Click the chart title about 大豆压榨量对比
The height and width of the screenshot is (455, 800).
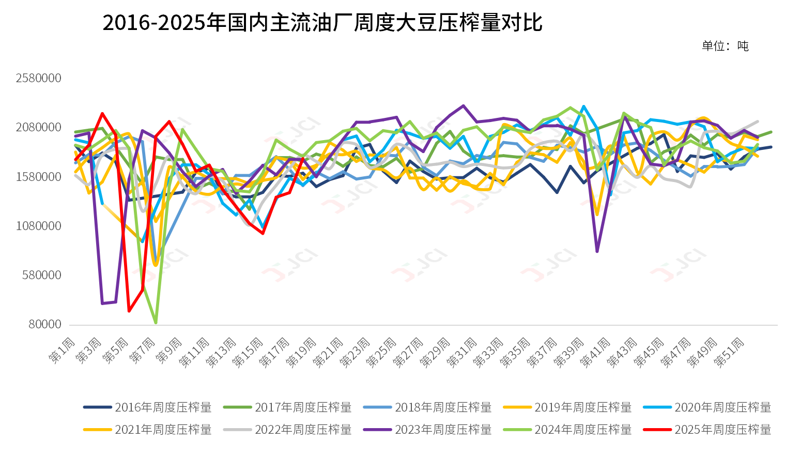pos(322,23)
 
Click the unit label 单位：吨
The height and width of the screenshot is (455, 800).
pos(725,46)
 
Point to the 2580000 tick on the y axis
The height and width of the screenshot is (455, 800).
pos(39,78)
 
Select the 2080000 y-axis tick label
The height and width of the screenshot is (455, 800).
pos(39,127)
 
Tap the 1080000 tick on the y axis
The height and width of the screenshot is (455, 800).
pos(39,226)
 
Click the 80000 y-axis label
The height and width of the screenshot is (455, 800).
pos(45,324)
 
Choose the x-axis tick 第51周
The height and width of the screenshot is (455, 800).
pos(729,353)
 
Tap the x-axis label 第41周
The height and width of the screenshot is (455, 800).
pos(596,353)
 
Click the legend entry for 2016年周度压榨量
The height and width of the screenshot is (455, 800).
pos(148,407)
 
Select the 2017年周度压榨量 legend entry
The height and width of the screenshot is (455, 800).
pos(288,407)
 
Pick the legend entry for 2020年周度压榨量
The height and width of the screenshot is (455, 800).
pos(707,407)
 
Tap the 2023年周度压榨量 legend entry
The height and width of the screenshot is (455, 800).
pos(428,430)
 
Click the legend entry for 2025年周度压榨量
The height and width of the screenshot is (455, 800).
pos(707,430)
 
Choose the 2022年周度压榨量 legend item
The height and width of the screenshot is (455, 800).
pos(288,430)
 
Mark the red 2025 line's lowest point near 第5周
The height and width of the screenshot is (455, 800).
pos(129,311)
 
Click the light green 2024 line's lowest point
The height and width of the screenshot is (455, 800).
pos(156,323)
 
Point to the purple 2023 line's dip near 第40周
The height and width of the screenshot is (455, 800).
pos(597,251)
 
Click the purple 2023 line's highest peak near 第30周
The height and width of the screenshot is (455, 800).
pos(464,106)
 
